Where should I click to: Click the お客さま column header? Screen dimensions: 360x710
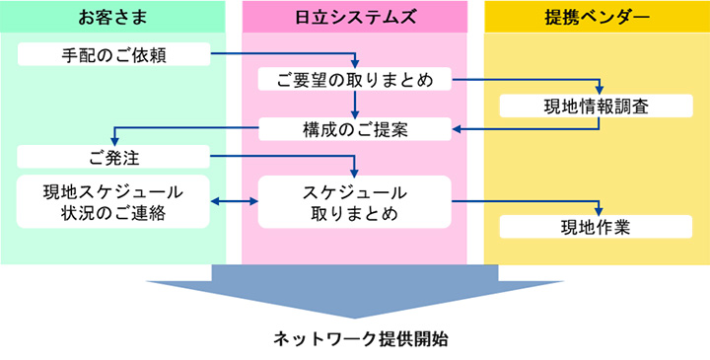pos(113,17)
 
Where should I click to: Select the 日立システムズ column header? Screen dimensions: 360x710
pos(355,17)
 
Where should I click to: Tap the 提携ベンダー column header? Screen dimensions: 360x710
pos(597,17)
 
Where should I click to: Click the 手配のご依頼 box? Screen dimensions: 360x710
pos(113,54)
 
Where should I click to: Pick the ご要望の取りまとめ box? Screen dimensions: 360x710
pos(355,80)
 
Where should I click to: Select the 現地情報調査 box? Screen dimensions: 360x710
pos(597,106)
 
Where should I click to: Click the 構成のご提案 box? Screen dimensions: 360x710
pos(355,129)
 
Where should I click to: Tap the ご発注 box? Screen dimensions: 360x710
pos(113,156)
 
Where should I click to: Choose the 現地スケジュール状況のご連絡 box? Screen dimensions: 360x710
pos(113,201)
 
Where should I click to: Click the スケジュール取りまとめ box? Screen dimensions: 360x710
pos(355,201)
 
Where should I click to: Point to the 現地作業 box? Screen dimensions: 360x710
pos(597,227)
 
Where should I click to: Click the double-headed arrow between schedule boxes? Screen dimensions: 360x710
pos(234,201)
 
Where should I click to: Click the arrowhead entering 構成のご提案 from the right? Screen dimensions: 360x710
pos(458,128)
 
